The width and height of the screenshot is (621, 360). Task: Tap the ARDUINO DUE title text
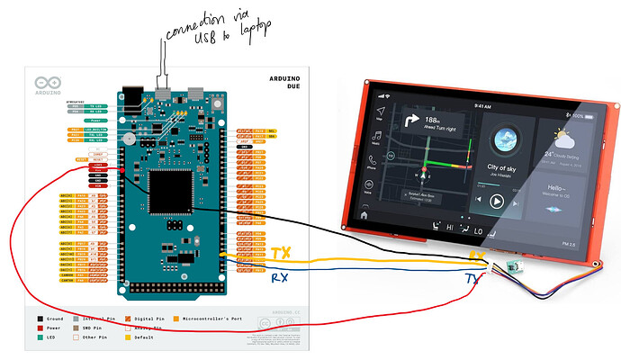click(x=291, y=85)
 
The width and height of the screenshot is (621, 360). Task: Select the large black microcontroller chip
click(x=170, y=192)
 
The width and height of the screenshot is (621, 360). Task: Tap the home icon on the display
click(x=364, y=216)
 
